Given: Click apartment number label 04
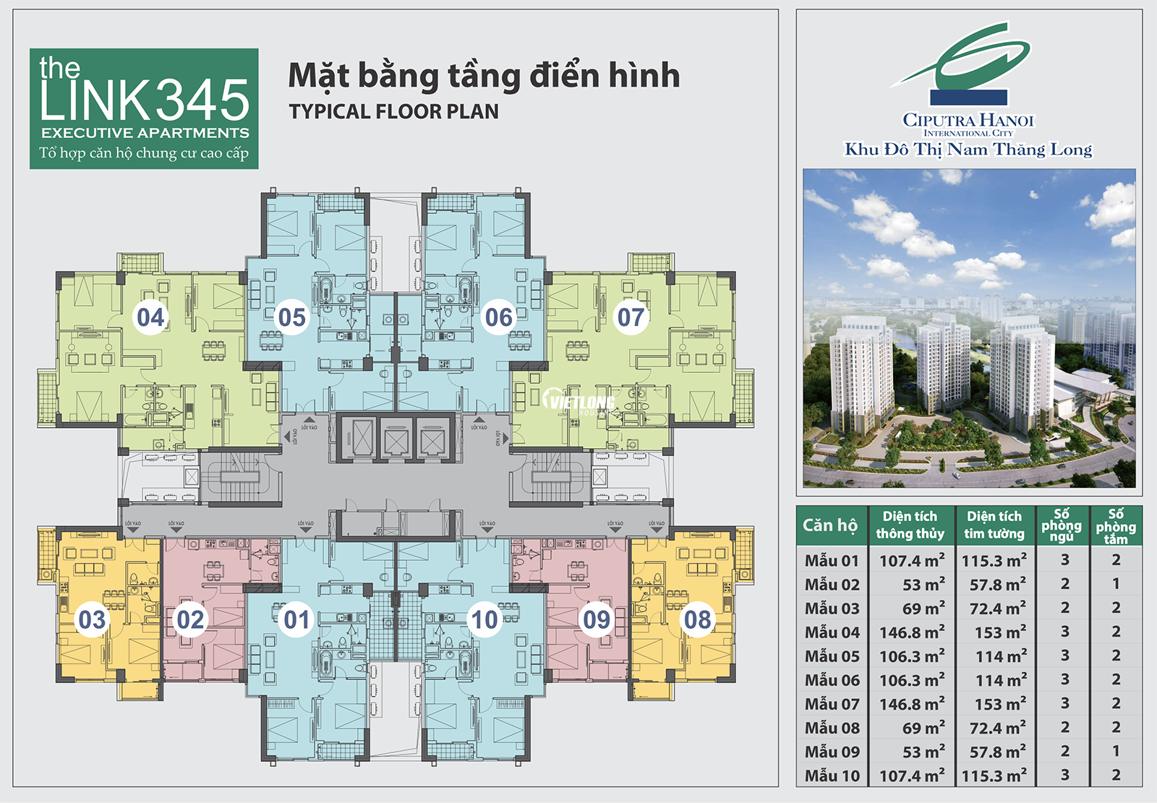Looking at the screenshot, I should (150, 317).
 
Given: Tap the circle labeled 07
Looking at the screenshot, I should (631, 317).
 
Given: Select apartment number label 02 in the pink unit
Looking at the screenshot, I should (191, 619).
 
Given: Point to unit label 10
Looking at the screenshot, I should (484, 619).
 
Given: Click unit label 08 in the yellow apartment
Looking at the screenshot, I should (697, 619).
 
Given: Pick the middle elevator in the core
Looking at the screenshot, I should (396, 438).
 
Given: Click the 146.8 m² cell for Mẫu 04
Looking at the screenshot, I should (911, 632).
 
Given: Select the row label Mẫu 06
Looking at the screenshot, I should (832, 680).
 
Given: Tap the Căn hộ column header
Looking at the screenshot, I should (830, 525).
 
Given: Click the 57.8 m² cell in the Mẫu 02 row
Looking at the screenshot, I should (997, 585).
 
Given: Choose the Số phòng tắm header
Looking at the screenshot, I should (1115, 525).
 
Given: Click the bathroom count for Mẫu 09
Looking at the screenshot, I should (1116, 752).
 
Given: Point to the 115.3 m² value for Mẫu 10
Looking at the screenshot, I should (994, 776).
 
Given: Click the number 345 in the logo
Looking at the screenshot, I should (202, 100).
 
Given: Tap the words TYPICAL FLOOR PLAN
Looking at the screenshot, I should (393, 112).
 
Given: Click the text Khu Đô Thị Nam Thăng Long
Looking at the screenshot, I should (968, 150).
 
